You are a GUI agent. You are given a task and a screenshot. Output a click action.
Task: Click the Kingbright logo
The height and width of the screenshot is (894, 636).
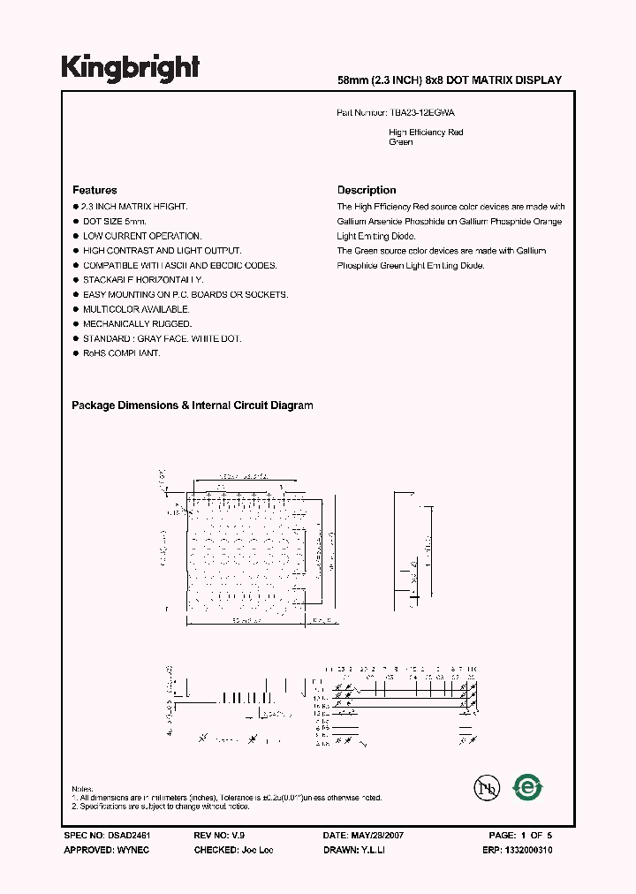coord(130,68)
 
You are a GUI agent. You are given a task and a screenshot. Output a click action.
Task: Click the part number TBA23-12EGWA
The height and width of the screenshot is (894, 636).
coord(422,113)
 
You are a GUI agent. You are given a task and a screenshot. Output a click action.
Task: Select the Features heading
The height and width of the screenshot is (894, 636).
coord(95,190)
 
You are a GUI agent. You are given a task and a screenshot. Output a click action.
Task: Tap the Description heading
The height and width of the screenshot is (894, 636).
coord(367,190)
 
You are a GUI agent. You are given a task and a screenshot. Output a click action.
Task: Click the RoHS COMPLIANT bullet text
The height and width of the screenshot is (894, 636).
coord(121,353)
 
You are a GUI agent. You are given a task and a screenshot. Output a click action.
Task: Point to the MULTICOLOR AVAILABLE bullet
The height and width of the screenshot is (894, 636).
coord(136,309)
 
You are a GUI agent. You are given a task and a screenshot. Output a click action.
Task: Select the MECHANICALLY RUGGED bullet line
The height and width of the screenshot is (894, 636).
coord(137,324)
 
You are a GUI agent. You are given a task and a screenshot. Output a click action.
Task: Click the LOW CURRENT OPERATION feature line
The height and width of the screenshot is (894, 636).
coord(142,236)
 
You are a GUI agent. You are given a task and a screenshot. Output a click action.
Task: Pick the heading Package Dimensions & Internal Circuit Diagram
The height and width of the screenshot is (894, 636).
coord(192,405)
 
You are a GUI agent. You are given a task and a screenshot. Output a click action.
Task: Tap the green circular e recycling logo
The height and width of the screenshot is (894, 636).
coord(528,786)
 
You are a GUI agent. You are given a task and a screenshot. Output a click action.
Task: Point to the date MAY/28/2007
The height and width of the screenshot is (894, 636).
coord(378,835)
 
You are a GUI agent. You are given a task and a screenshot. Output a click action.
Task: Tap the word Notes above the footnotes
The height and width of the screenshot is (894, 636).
coord(81,789)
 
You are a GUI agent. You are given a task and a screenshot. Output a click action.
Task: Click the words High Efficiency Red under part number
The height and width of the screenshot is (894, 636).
coord(426,133)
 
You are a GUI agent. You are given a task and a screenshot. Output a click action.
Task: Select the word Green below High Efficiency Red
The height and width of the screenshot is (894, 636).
coord(401,142)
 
